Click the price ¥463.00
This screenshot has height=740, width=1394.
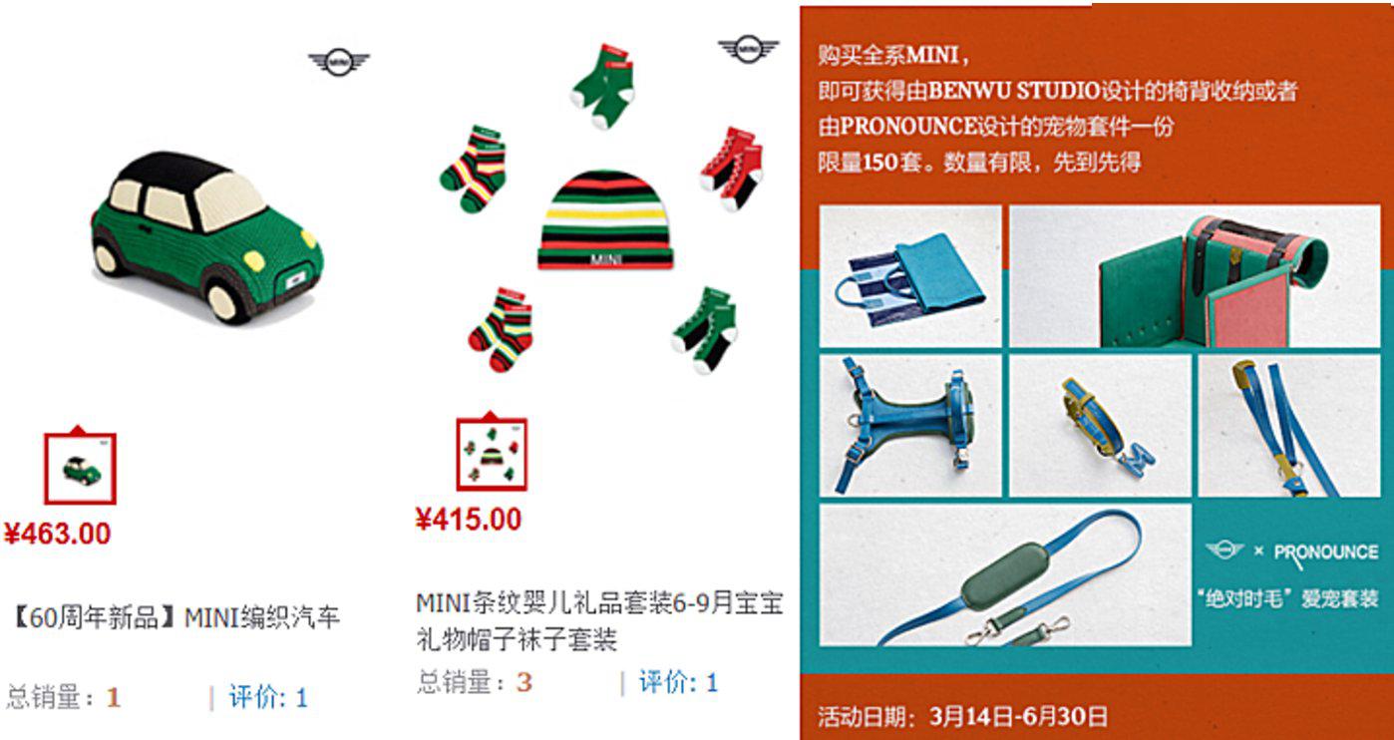57,534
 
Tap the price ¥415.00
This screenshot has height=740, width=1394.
468,519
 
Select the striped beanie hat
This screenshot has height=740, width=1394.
605,219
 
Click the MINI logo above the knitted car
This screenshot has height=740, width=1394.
339,62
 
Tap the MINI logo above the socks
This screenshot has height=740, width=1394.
748,49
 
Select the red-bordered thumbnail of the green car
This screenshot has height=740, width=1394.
81,468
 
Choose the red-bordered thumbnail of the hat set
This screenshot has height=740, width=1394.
492,454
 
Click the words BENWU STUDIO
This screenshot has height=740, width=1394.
1014,91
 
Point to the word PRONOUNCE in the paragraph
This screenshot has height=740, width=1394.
907,127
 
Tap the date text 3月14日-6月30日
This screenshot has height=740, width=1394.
1018,716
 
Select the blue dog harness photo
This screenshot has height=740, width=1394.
910,426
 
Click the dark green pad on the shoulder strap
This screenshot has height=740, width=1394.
1003,574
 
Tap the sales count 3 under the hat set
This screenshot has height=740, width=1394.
523,683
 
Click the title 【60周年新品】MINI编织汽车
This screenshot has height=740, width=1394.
176,618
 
